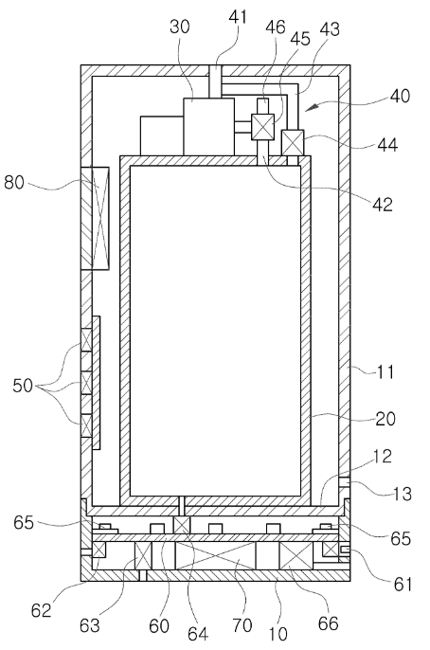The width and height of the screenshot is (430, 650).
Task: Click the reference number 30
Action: pyautogui.click(x=180, y=27)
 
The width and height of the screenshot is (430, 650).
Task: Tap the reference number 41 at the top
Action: pyautogui.click(x=238, y=17)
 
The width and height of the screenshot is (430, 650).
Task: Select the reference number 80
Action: pyautogui.click(x=14, y=182)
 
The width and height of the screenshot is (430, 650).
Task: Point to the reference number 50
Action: pyautogui.click(x=23, y=386)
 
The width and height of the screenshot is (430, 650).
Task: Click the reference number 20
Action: pyautogui.click(x=385, y=419)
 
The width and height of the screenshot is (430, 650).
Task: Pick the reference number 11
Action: pyautogui.click(x=385, y=371)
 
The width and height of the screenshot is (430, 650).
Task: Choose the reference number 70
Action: pyautogui.click(x=242, y=625)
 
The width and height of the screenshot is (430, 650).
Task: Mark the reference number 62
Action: pyautogui.click(x=41, y=610)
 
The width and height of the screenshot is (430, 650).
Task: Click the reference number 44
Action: pyautogui.click(x=387, y=145)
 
